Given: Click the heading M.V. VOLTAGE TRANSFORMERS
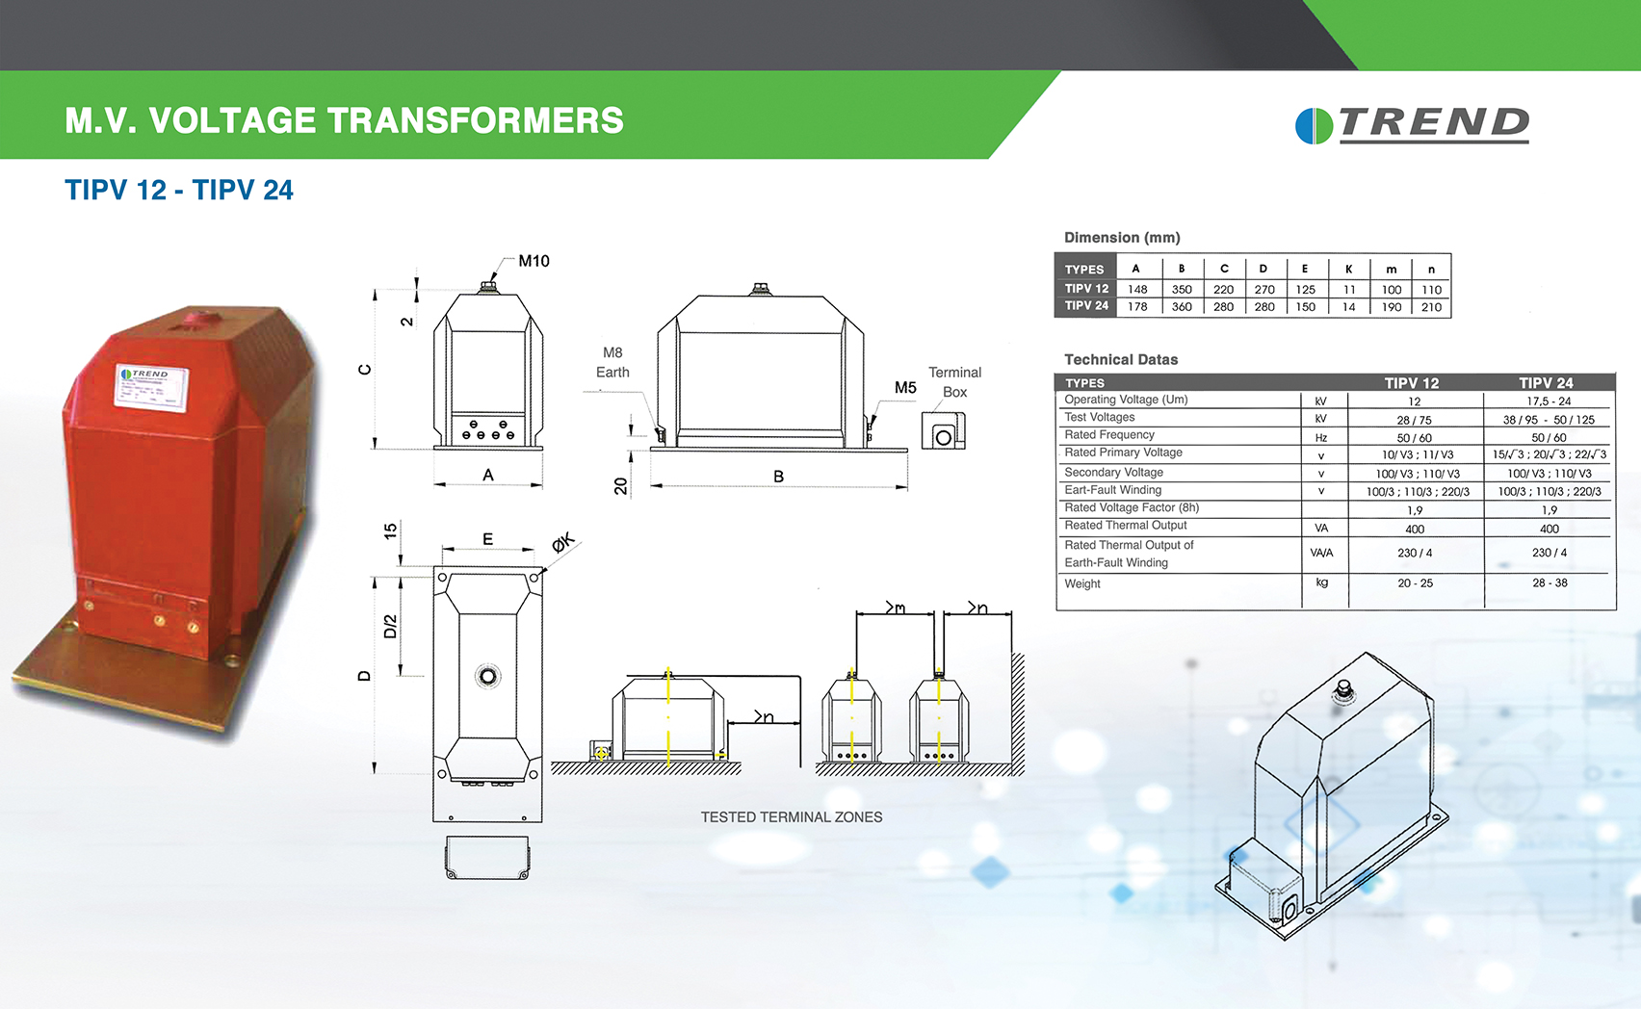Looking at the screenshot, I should (x=344, y=121).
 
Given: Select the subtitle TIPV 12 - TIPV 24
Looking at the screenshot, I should (x=179, y=190).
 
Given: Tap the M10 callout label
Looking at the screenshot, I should (x=534, y=261).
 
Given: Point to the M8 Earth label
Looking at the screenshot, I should (x=612, y=363).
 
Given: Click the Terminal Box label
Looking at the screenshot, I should (x=954, y=382).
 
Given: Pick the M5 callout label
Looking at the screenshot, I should (x=905, y=388).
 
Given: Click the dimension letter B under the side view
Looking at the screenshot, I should (x=778, y=477).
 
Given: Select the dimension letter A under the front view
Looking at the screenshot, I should (x=488, y=475).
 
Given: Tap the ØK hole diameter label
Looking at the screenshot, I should (x=562, y=543).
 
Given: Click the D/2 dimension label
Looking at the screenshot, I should (x=390, y=627).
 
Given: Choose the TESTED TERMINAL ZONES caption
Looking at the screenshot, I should (x=792, y=817).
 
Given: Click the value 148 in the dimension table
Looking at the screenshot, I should (x=1137, y=290).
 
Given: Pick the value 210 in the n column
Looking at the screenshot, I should (x=1431, y=307).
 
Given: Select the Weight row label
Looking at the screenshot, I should (x=1082, y=583).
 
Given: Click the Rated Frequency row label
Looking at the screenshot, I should (x=1108, y=435).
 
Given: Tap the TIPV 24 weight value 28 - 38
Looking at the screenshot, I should (x=1550, y=583).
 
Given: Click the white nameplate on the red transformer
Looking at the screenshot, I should (x=152, y=387).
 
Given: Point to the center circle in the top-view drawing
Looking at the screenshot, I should (x=488, y=677).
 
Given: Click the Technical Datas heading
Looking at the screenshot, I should (x=1121, y=360).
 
